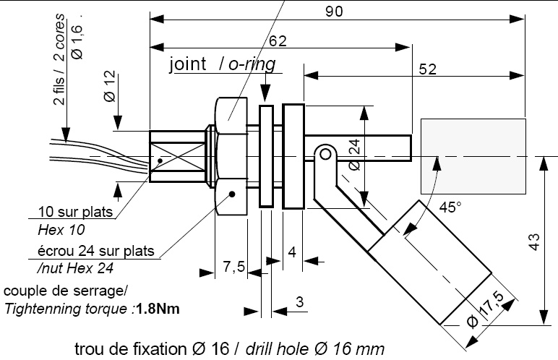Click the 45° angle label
[x=450, y=207]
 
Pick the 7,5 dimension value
[x=233, y=268]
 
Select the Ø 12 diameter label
[x=109, y=86]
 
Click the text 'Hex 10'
[x=61, y=231]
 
